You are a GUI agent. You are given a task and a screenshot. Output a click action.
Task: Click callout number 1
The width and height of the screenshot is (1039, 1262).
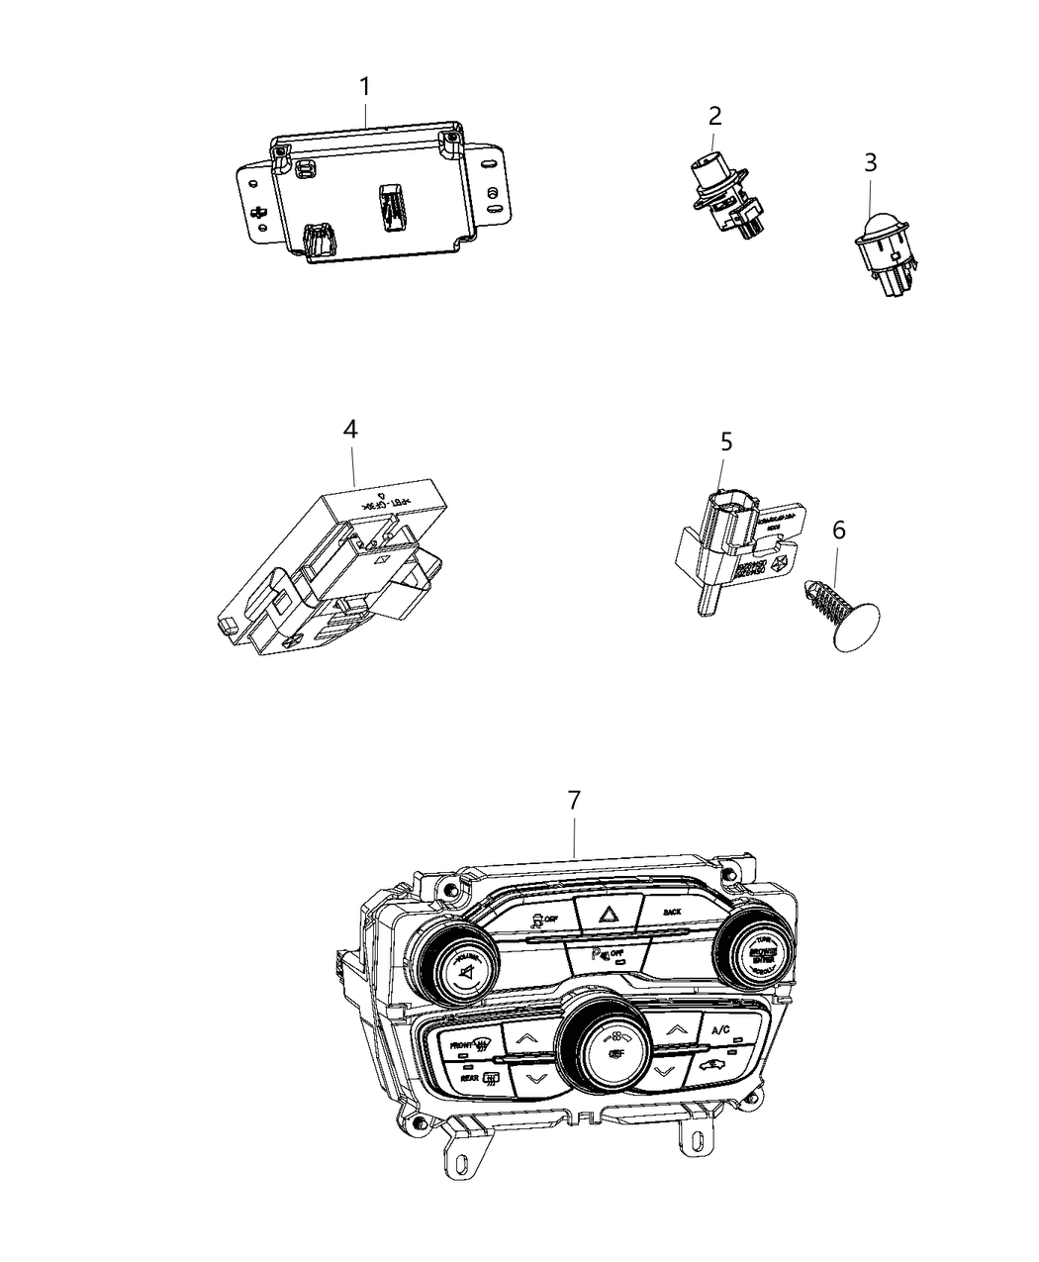tap(364, 88)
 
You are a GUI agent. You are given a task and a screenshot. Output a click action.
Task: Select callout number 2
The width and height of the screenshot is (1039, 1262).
tap(714, 116)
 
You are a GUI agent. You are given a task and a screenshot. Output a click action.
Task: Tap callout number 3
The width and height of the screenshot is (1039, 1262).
tap(870, 161)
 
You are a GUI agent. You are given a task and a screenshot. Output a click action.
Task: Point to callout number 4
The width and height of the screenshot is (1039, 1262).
tap(350, 430)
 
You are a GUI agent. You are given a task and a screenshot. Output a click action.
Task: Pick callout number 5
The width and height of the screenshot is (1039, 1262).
tap(725, 441)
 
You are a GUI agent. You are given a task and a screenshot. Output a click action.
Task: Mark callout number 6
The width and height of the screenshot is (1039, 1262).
tap(838, 531)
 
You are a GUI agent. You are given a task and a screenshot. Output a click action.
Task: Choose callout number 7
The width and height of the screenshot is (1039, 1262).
tap(574, 802)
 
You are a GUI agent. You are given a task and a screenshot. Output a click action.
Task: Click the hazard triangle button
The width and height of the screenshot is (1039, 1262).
tap(601, 913)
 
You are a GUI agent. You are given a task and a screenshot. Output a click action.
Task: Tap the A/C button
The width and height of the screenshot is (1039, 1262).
tap(719, 1031)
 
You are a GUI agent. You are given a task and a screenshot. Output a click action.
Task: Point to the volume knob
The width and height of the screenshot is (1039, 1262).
tap(460, 958)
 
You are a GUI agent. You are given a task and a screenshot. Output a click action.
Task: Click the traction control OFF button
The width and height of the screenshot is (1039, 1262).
tap(538, 919)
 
